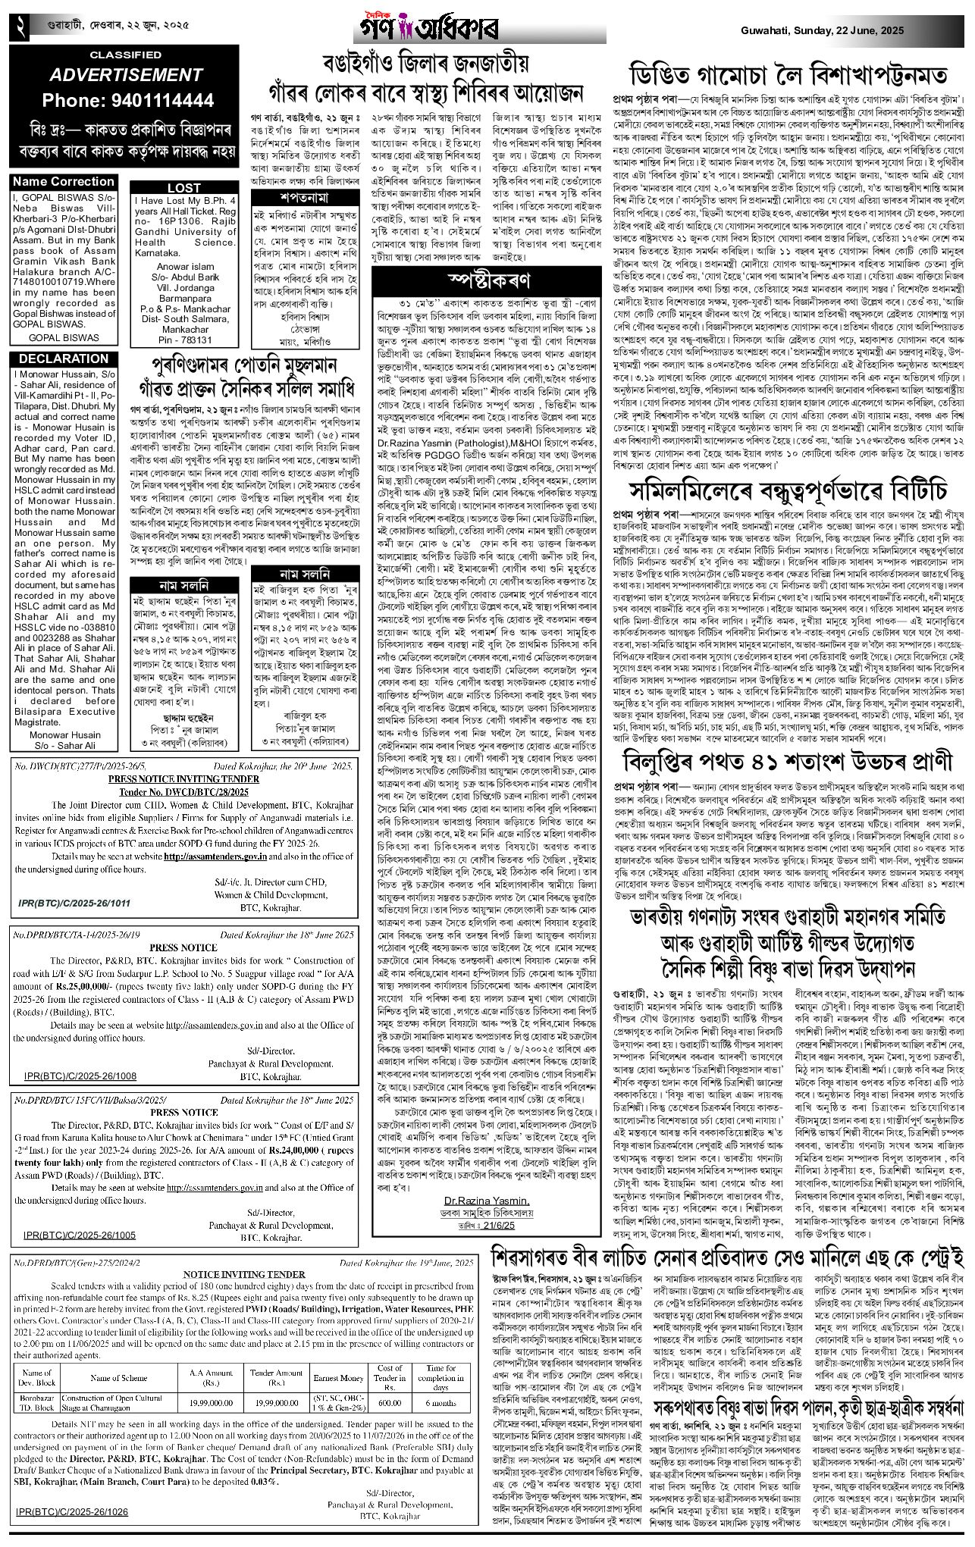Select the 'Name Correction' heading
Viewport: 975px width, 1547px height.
coord(64,182)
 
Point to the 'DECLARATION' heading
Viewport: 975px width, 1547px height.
coord(64,359)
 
